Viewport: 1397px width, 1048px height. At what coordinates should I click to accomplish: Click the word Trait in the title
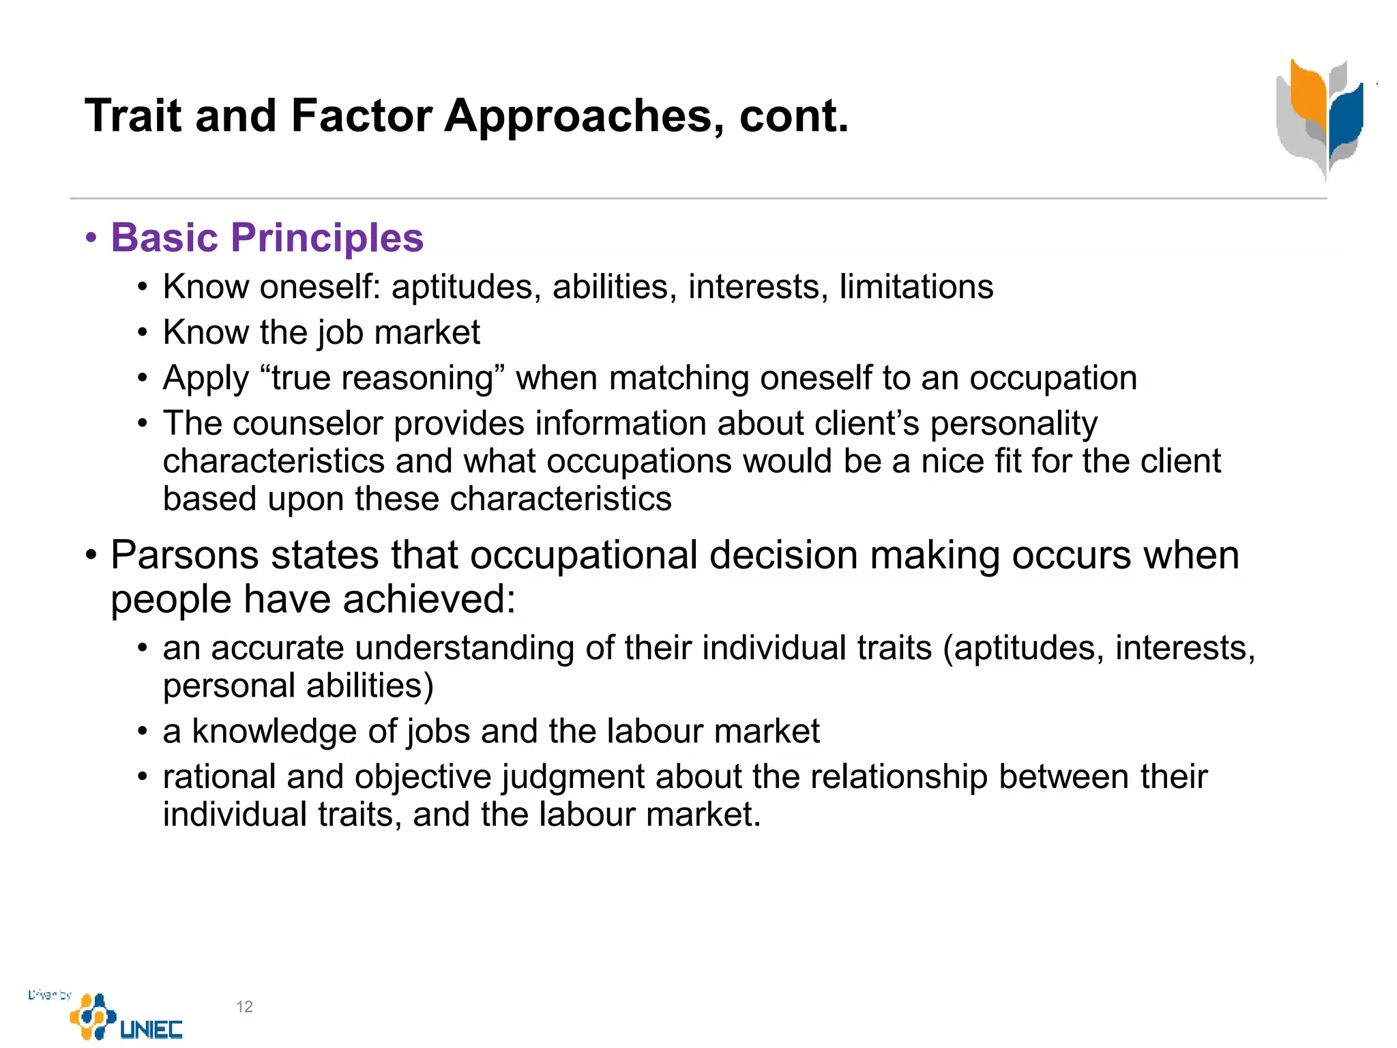coord(132,115)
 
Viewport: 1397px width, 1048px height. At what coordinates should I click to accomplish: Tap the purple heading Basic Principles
coord(267,237)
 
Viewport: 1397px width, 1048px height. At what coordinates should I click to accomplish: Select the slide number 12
coord(244,1006)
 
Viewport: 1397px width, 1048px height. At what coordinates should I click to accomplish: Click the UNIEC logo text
coord(151,1029)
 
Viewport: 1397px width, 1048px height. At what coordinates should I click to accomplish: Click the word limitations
coord(915,287)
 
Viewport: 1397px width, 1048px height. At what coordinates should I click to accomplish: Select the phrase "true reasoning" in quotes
coord(382,378)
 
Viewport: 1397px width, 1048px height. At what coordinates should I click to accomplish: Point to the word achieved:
coord(429,599)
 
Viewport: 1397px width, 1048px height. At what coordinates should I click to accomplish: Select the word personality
coord(1014,424)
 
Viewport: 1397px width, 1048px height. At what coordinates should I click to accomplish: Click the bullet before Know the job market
coord(142,333)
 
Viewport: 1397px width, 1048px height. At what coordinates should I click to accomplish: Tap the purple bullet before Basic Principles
coord(91,239)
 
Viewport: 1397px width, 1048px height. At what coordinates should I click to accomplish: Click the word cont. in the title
coord(794,115)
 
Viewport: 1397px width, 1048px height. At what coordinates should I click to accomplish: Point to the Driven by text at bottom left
coord(49,994)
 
